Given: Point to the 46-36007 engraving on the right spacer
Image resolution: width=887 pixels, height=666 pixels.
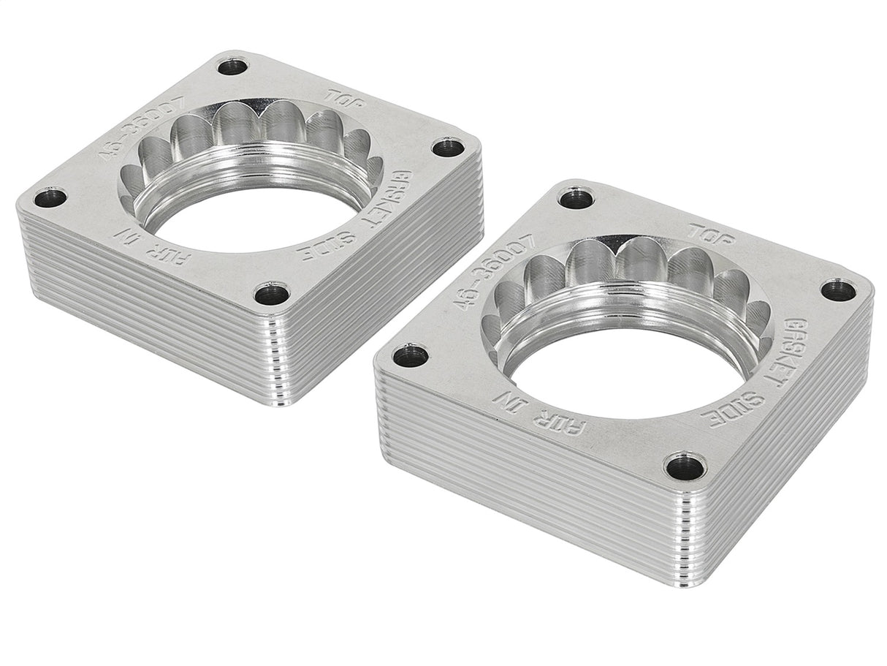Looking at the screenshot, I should pos(506,271).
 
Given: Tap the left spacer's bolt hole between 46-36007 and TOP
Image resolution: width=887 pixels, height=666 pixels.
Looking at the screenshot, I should pos(233,67).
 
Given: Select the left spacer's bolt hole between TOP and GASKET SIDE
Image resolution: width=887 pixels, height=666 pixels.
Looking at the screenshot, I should pos(448,148).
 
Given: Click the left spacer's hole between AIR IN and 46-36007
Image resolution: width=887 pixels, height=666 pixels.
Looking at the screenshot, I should pos(50,197).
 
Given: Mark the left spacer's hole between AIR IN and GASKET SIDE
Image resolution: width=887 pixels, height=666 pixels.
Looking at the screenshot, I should pos(272,293).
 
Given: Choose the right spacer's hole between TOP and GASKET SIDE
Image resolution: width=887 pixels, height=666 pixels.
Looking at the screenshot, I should pos(838,290).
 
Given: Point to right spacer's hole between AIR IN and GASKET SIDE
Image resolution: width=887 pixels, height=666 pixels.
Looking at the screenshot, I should pos(685,466).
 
